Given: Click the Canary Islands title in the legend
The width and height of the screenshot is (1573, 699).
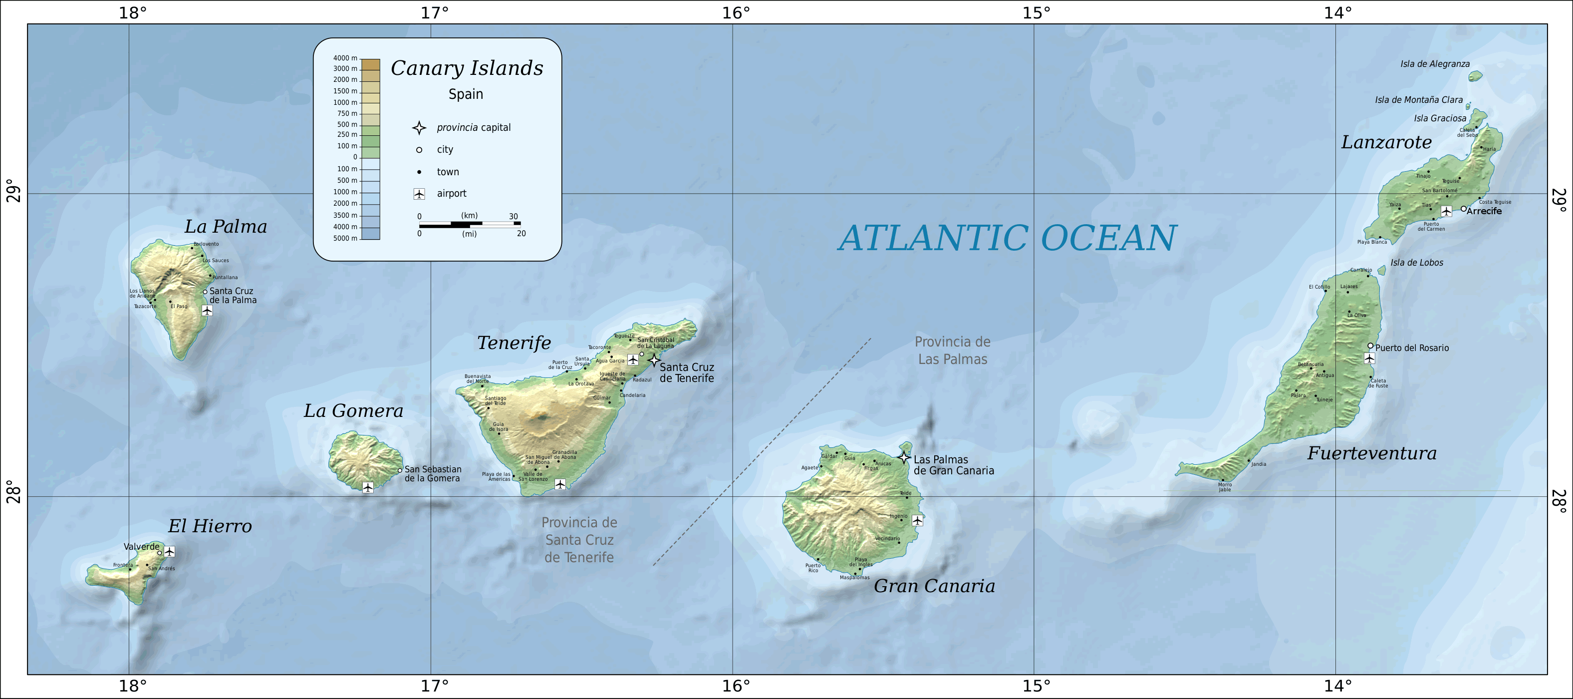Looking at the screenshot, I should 467,68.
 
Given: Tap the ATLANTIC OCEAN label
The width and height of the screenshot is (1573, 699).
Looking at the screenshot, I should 1007,238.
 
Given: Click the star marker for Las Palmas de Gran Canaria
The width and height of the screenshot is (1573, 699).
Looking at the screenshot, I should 904,457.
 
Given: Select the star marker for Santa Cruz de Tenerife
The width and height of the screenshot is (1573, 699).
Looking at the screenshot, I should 654,360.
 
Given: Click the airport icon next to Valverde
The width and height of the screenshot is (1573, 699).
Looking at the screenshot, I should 170,552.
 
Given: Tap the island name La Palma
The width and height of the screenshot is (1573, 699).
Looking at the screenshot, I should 226,227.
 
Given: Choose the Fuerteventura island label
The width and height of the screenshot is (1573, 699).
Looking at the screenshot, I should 1371,453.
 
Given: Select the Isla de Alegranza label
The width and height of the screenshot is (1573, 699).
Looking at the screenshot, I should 1435,64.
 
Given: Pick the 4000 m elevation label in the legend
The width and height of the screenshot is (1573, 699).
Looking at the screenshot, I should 345,58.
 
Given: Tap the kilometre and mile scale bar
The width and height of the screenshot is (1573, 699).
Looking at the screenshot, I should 470,224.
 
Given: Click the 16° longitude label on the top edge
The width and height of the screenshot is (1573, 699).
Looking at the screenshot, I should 735,12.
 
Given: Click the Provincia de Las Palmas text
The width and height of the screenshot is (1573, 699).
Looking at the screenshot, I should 953,350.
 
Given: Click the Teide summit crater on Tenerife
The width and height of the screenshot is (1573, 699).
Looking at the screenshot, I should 541,418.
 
